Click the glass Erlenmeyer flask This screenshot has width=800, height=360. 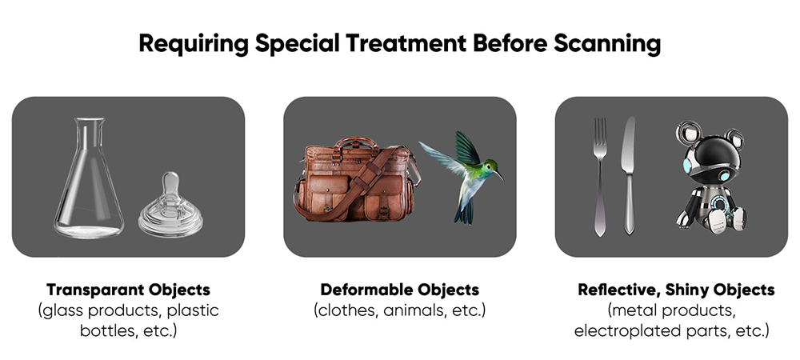(x=90, y=183)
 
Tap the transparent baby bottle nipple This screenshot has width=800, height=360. (x=170, y=206)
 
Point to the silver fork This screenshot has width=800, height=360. (x=601, y=177)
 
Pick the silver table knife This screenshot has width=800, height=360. (x=628, y=175)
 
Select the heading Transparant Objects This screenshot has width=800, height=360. (x=128, y=290)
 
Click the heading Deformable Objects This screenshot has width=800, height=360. (x=399, y=290)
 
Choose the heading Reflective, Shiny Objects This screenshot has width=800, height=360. (x=676, y=290)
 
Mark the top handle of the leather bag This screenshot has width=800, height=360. (x=357, y=142)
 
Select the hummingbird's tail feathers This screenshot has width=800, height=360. (x=464, y=213)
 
